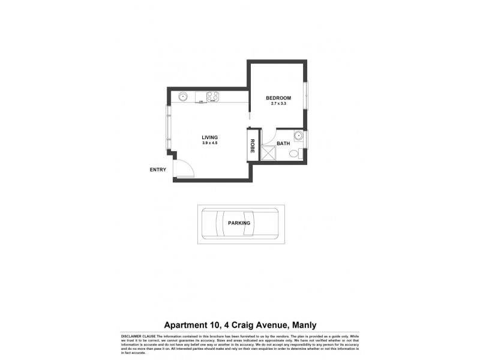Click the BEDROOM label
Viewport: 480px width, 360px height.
coord(279,98)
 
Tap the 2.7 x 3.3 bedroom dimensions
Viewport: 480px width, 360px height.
coord(279,104)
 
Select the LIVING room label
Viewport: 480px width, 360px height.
coord(209,137)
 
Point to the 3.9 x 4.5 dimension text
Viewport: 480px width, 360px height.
coord(209,143)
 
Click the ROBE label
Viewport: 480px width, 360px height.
coord(253,146)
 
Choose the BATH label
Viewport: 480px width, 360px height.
coord(283,144)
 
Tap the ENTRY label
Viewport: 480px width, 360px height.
coord(158,170)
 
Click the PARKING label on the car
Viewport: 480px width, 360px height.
coord(239,223)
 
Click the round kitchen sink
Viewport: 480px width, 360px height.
coord(182,96)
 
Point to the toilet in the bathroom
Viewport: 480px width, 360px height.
coord(294,155)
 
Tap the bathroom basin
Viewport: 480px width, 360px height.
coord(298,136)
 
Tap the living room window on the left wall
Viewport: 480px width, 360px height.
coord(169,128)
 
